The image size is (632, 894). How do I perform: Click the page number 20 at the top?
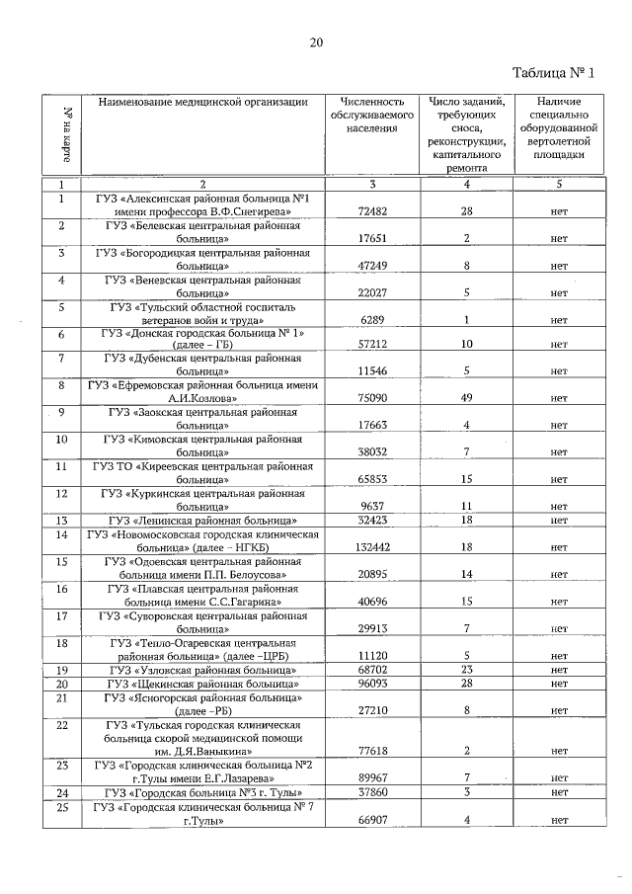click(x=316, y=42)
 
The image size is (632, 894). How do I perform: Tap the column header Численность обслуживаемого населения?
click(x=372, y=115)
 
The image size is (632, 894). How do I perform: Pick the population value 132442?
click(x=372, y=546)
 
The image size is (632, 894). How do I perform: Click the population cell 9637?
click(x=372, y=505)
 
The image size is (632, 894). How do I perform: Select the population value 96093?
click(x=372, y=684)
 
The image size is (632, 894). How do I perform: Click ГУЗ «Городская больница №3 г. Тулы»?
click(x=203, y=792)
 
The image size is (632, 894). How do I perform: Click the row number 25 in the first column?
click(x=61, y=807)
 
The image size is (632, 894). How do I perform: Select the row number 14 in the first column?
click(x=61, y=533)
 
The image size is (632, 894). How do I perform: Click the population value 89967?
click(x=372, y=777)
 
